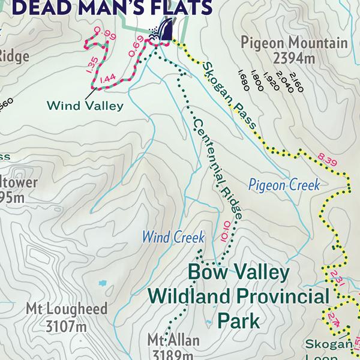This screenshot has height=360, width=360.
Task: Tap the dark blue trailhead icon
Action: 164,30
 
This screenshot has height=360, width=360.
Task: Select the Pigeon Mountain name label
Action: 293,43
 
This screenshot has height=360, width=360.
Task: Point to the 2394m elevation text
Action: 293,58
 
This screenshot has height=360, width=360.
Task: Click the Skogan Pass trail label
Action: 229,95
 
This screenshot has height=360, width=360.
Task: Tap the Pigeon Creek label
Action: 284,185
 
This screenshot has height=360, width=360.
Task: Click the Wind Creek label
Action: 173,236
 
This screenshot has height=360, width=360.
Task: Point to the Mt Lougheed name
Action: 66,310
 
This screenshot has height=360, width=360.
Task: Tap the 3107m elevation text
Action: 66,326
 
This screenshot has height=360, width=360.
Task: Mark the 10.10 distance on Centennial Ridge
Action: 226,231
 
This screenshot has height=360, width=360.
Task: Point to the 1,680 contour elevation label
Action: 243,77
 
